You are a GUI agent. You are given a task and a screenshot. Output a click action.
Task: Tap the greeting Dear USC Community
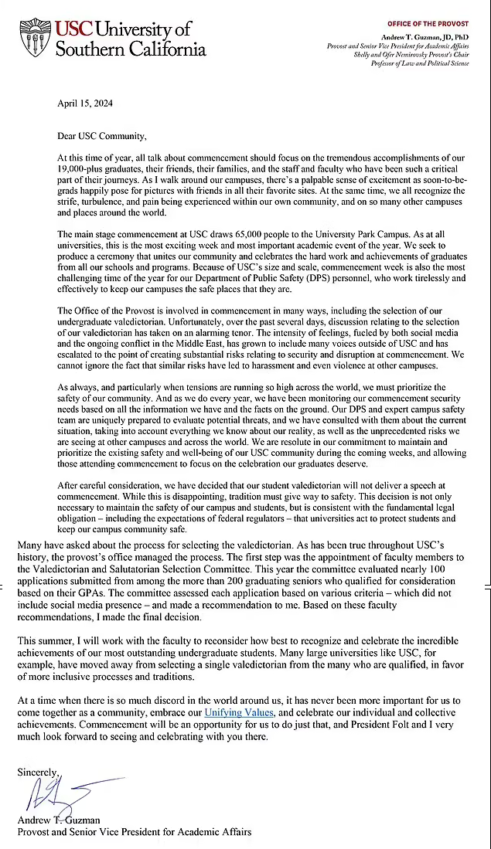101,136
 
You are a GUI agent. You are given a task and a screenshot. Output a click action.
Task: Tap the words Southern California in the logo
131,49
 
